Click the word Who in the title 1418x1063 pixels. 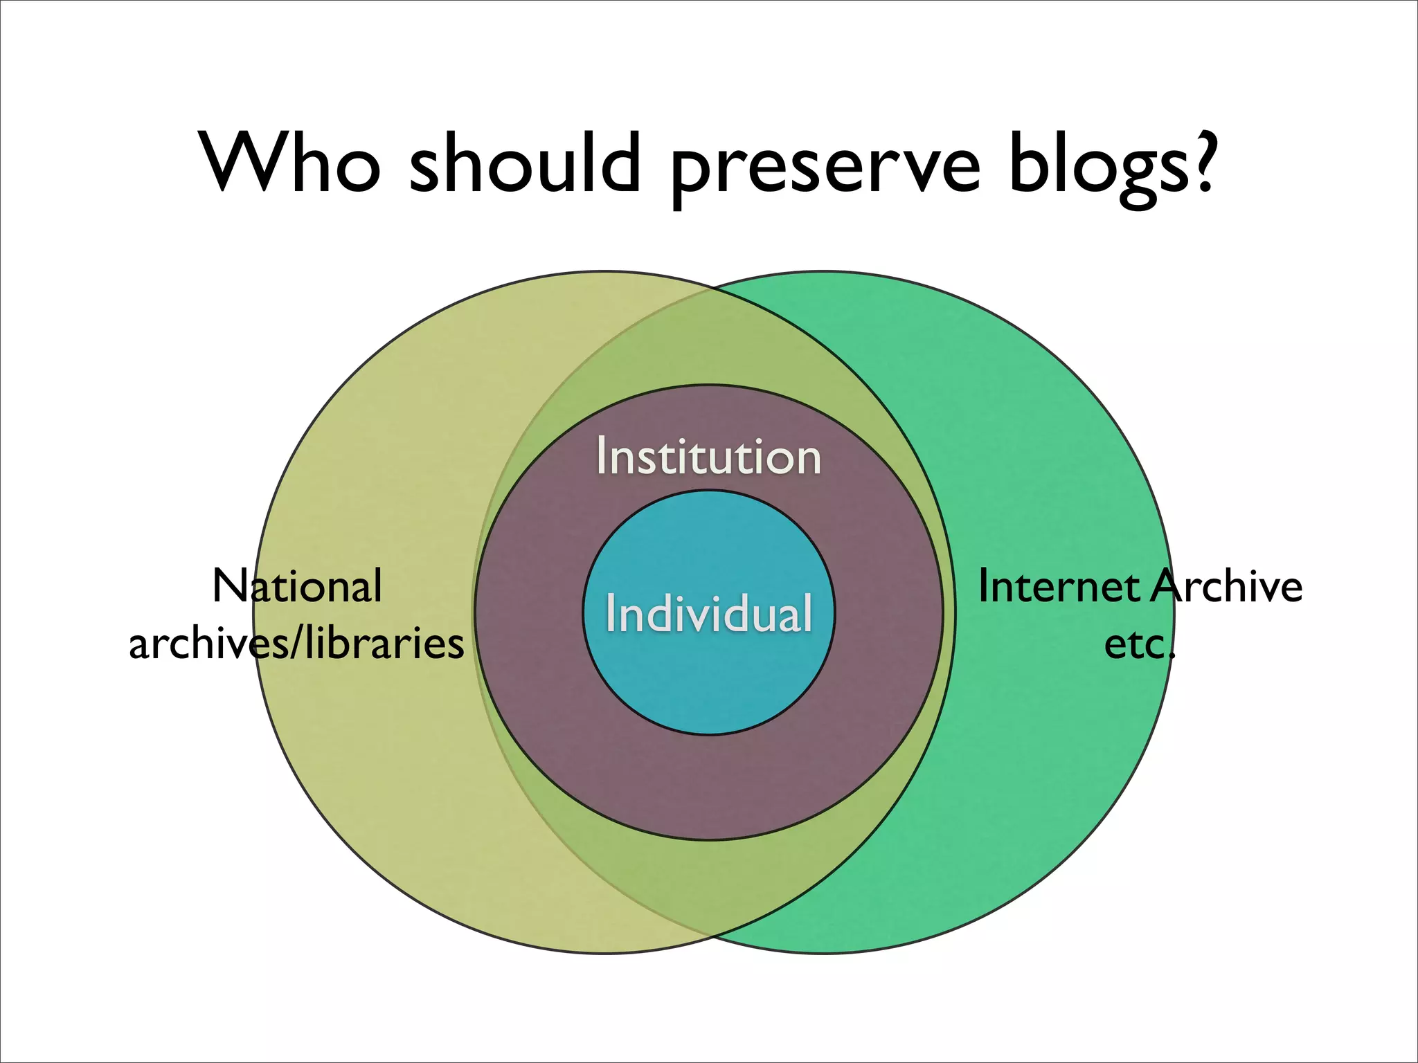tap(291, 162)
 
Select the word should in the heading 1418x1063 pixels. tap(526, 162)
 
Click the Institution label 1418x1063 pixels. tap(709, 457)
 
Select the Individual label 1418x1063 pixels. tap(709, 613)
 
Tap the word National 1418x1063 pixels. tap(297, 586)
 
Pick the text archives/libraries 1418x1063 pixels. tap(296, 644)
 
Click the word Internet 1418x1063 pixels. tap(1058, 587)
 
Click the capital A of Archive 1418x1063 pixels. tap(1169, 587)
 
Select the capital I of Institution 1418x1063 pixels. tap(601, 457)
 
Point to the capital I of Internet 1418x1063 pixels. tap(984, 587)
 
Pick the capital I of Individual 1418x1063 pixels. tap(610, 613)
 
